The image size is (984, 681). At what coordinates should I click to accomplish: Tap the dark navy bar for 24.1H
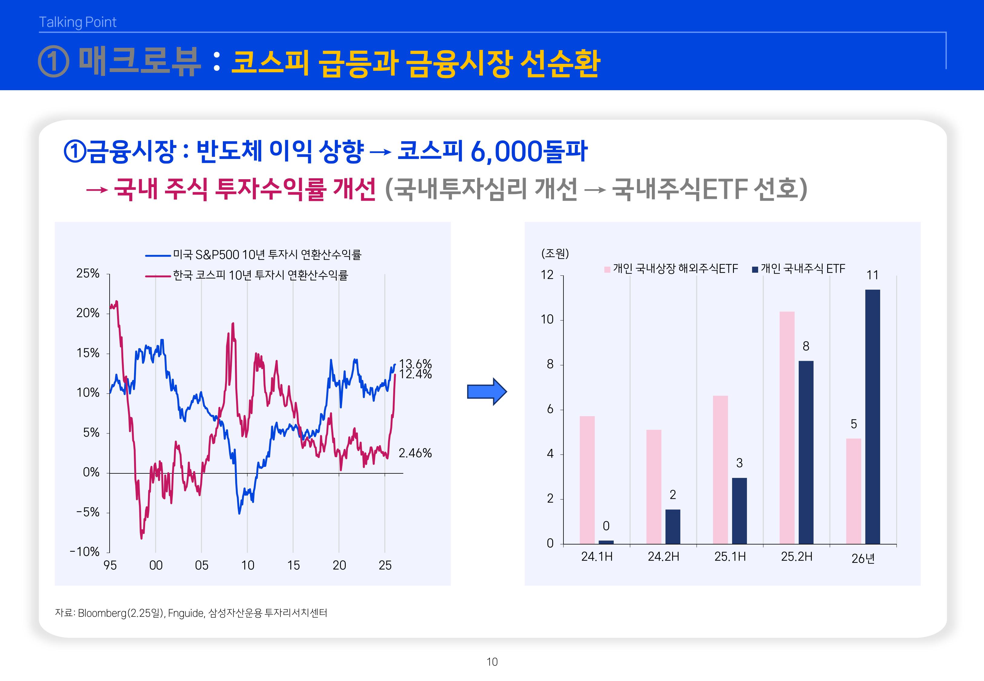(x=606, y=542)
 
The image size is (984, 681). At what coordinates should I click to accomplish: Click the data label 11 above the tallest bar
(x=872, y=275)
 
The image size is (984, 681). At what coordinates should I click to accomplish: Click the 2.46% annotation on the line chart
(x=415, y=453)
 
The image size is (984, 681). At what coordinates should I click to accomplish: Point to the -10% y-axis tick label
(x=84, y=552)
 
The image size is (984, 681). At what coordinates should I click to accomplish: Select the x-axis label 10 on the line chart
(x=247, y=565)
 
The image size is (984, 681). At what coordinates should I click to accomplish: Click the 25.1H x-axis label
(x=730, y=557)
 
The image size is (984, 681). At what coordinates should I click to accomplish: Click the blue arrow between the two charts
(x=487, y=391)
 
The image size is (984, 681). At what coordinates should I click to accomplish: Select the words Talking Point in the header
(x=78, y=22)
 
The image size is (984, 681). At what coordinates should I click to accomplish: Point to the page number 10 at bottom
(x=492, y=662)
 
